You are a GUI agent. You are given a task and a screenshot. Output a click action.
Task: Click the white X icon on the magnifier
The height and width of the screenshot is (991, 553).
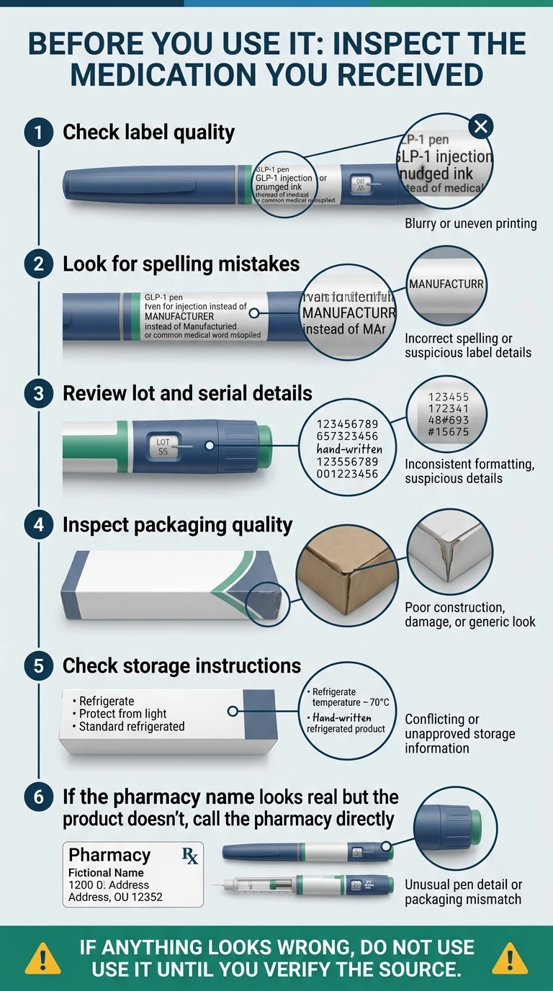pyautogui.click(x=480, y=127)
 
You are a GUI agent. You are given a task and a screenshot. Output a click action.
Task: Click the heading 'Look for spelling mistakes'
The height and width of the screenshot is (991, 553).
pyautogui.click(x=181, y=264)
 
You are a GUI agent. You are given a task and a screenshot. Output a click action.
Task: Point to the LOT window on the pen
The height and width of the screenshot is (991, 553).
pyautogui.click(x=163, y=447)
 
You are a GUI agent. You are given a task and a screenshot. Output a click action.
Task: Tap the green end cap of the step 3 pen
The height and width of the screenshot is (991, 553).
pyautogui.click(x=264, y=447)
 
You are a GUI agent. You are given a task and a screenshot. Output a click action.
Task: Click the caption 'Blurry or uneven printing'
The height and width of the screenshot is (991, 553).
pyautogui.click(x=471, y=223)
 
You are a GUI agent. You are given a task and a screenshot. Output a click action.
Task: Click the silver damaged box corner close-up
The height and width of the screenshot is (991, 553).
pyautogui.click(x=449, y=551)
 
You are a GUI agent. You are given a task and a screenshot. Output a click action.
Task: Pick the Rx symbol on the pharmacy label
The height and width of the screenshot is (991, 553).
pyautogui.click(x=190, y=856)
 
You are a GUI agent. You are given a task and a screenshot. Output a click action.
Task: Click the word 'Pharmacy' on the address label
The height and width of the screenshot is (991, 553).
pyautogui.click(x=109, y=855)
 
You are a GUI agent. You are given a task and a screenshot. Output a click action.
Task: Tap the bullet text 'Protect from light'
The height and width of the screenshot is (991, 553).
pyautogui.click(x=122, y=714)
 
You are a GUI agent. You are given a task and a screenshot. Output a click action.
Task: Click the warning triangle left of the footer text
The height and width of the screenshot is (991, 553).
pyautogui.click(x=42, y=958)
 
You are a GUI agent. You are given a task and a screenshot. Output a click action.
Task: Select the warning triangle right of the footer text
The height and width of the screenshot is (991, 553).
pyautogui.click(x=510, y=958)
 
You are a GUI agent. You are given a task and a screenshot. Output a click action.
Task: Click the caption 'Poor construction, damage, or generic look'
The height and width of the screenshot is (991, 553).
pyautogui.click(x=469, y=614)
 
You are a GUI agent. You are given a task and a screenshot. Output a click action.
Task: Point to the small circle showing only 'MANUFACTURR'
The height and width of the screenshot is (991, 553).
pyautogui.click(x=446, y=285)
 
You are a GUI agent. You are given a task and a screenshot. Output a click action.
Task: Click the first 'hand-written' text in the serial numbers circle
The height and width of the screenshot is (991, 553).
pyautogui.click(x=349, y=449)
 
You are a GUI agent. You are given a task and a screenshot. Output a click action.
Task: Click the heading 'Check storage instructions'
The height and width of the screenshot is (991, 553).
pyautogui.click(x=181, y=665)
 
